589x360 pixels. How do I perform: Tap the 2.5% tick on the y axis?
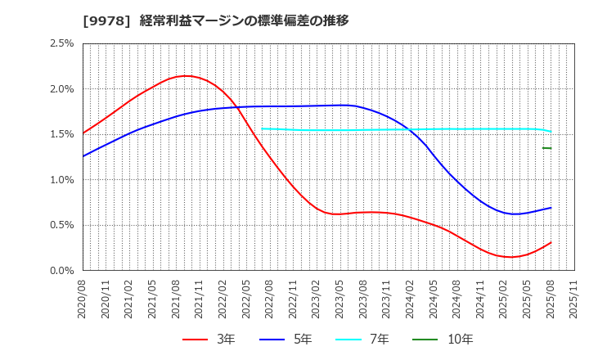[x=62, y=43]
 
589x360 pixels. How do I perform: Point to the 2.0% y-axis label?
[x=62, y=89]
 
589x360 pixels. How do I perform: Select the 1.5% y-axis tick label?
[x=62, y=134]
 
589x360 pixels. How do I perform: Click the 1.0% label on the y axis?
[x=62, y=180]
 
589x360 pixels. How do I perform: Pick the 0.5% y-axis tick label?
[x=62, y=225]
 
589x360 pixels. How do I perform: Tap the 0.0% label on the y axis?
[x=62, y=271]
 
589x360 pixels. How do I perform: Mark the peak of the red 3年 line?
[x=186, y=76]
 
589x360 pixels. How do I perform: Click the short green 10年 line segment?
[x=546, y=148]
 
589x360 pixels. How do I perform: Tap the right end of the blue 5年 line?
[x=551, y=208]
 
